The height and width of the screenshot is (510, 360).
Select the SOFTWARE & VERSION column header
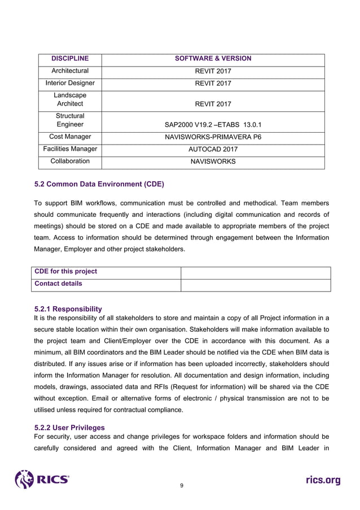tap(213, 59)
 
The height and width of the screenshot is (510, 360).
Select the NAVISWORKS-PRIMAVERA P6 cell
tap(213, 137)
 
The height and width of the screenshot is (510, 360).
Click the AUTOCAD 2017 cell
tap(213, 150)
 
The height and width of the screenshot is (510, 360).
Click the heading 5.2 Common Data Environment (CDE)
tap(99, 184)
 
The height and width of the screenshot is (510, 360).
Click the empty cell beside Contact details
tap(255, 284)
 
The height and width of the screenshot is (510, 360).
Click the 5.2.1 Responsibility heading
tap(68, 309)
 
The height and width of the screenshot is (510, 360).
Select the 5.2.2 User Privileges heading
tap(69, 428)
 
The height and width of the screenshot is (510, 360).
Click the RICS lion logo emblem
tap(25, 480)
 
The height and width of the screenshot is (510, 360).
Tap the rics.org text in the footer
tap(323, 481)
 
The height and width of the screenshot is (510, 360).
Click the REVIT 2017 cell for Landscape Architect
tap(213, 104)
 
